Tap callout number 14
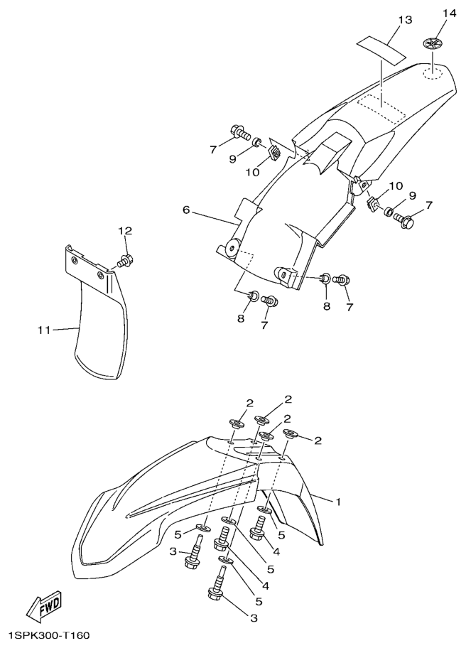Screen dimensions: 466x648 pyautogui.click(x=450, y=13)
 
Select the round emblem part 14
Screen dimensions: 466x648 pyautogui.click(x=432, y=43)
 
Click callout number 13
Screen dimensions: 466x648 pyautogui.click(x=406, y=19)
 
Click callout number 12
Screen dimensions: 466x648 pyautogui.click(x=126, y=231)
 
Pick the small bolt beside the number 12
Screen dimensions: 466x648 pyautogui.click(x=125, y=261)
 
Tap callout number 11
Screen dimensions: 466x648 pyautogui.click(x=44, y=330)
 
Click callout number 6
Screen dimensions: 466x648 pyautogui.click(x=186, y=210)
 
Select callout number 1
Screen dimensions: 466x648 pyautogui.click(x=338, y=502)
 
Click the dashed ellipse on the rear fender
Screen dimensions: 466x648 pyautogui.click(x=432, y=74)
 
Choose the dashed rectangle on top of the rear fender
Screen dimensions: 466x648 pyautogui.click(x=381, y=108)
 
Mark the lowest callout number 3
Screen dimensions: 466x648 pyautogui.click(x=254, y=618)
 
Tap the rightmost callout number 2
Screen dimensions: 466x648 pyautogui.click(x=318, y=441)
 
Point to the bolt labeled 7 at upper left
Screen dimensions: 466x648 pyautogui.click(x=239, y=133)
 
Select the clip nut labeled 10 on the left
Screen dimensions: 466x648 pyautogui.click(x=275, y=153)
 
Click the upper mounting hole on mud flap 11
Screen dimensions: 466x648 pyautogui.click(x=74, y=260)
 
